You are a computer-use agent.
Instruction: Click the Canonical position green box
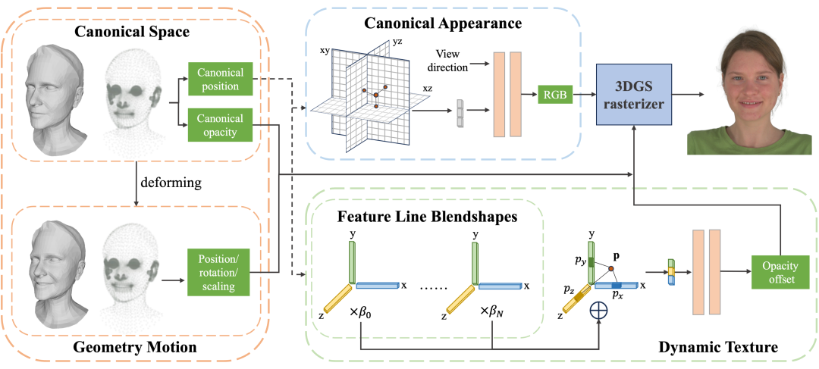[220, 80]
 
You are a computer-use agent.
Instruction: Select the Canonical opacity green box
[220, 125]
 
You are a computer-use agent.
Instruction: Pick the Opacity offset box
[780, 271]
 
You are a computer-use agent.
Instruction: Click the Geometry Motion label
[136, 347]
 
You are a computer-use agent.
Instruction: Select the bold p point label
[615, 257]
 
